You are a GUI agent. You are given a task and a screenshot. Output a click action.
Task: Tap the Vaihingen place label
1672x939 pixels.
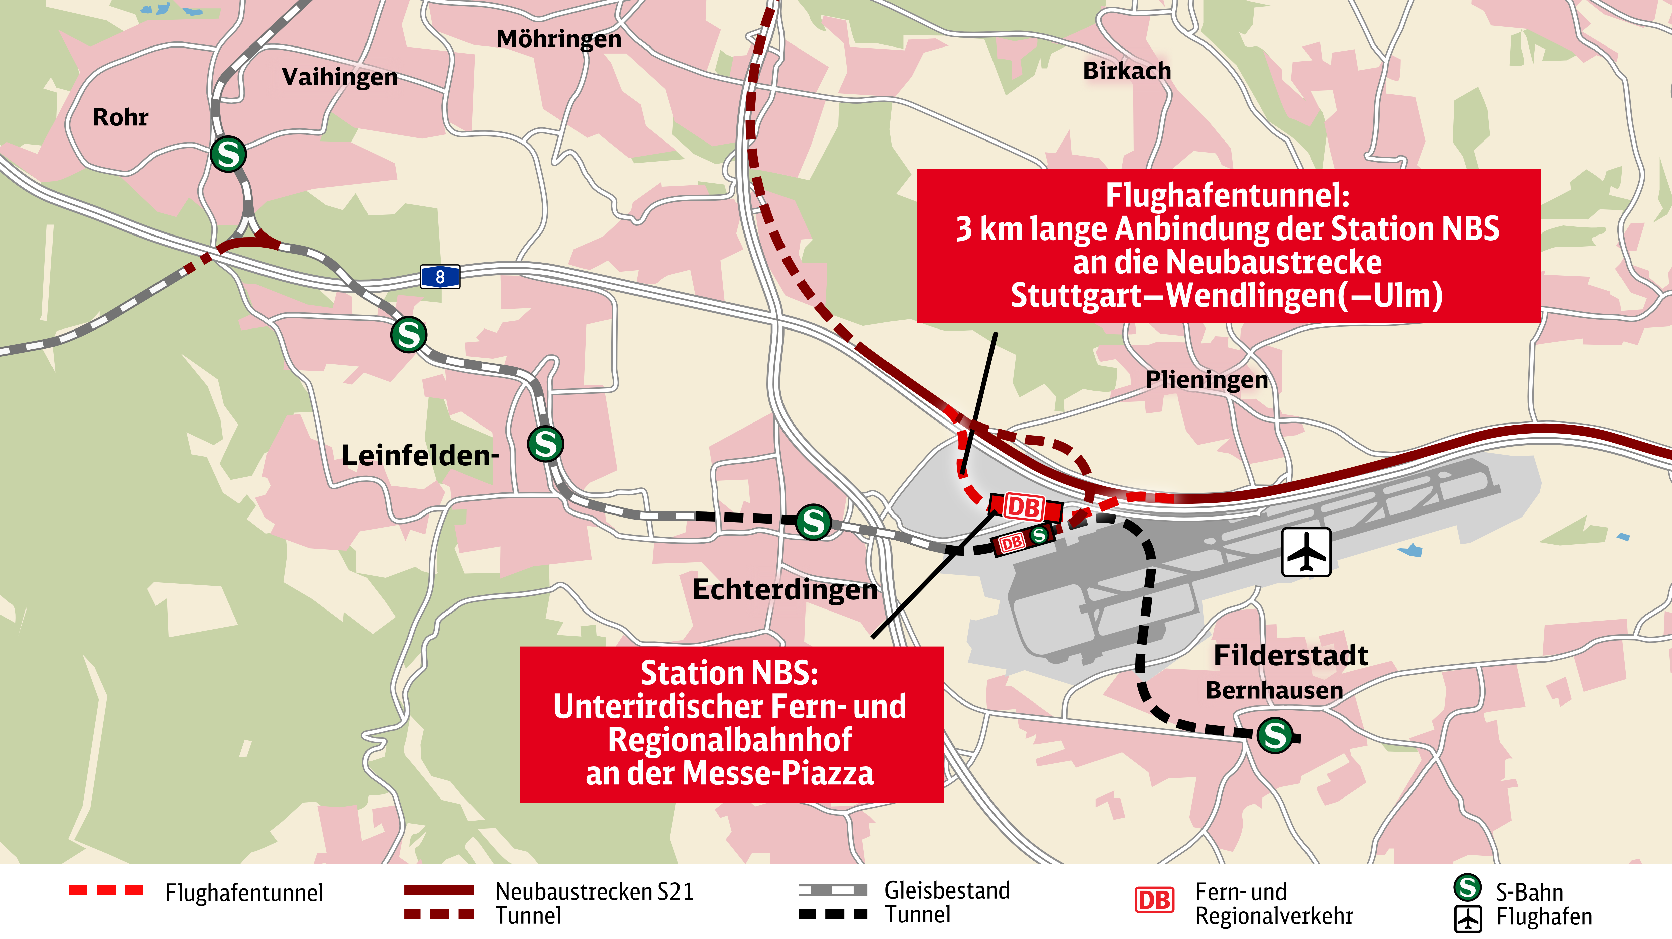click(339, 77)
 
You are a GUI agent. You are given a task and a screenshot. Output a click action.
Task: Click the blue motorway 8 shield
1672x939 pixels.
click(440, 277)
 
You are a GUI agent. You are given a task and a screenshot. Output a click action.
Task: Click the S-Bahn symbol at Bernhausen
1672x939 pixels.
click(1275, 735)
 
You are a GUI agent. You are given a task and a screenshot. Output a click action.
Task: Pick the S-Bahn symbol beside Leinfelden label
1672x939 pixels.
click(545, 444)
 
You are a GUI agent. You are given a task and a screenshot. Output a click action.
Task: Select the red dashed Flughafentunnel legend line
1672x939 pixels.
click(106, 890)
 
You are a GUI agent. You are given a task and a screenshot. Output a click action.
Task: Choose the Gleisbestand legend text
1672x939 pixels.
click(946, 890)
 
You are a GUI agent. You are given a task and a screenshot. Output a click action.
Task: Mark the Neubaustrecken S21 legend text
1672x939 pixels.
click(594, 891)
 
